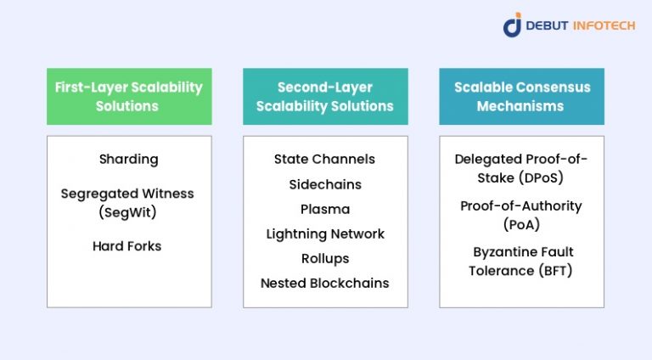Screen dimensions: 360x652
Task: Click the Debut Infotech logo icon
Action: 512,25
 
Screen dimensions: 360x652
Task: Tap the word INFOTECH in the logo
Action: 600,25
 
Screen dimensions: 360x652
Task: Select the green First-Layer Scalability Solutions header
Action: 128,97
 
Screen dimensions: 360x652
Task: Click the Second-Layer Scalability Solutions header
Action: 325,97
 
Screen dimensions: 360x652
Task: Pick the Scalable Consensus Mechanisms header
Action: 520,97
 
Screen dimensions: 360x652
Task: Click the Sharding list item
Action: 128,159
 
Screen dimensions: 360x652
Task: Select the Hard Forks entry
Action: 127,246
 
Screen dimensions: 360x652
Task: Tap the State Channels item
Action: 324,159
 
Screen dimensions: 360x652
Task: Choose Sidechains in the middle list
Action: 324,184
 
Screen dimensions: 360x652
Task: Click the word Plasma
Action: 324,209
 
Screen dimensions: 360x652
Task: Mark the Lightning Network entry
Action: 324,233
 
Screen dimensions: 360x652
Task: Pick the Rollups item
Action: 324,258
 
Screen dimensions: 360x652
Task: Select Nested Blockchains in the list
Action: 324,283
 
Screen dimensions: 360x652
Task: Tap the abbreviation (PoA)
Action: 520,224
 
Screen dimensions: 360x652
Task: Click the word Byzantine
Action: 502,252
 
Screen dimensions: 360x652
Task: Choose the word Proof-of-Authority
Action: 520,205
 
